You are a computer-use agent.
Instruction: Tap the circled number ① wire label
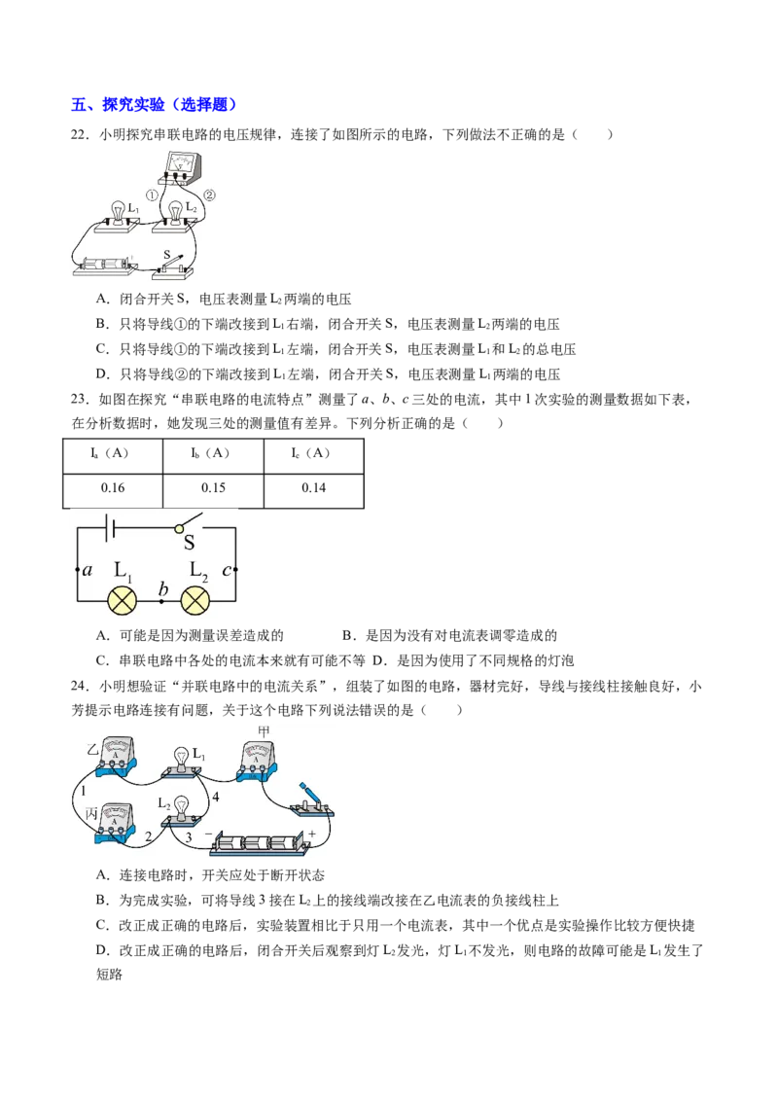153,194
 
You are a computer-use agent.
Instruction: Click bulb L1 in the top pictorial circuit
119,212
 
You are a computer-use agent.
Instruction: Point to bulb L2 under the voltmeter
175,212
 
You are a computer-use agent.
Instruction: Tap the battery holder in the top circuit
102,265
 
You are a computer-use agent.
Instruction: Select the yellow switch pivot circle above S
180,528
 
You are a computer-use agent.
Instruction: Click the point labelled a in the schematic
78,569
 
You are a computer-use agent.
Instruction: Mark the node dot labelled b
161,602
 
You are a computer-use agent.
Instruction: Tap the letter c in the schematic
227,570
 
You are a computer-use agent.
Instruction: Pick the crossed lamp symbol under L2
197,601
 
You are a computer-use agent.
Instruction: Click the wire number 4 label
216,797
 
